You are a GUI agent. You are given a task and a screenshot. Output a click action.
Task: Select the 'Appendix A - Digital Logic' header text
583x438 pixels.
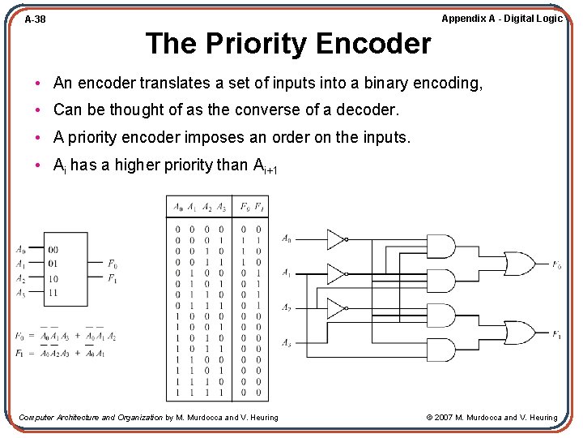tap(501, 18)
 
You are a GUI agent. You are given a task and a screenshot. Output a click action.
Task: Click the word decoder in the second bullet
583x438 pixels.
tap(368, 109)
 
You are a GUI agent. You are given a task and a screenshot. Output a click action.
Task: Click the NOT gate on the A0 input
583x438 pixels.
tap(336, 239)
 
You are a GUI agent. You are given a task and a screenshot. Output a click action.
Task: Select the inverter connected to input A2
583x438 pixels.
tap(336, 308)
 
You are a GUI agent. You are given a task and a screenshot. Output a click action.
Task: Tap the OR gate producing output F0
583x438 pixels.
tap(519, 264)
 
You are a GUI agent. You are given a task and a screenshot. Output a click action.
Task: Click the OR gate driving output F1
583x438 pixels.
tap(519, 333)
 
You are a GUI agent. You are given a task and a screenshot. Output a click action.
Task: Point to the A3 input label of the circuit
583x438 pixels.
tap(287, 343)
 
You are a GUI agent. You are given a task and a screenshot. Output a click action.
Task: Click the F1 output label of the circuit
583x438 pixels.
tap(557, 334)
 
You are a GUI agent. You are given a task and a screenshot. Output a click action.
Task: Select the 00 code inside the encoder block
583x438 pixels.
tap(53, 250)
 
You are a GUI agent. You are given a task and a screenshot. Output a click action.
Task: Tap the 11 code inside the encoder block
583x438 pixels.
tap(53, 293)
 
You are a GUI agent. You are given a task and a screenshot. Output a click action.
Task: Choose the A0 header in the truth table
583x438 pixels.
tap(177, 207)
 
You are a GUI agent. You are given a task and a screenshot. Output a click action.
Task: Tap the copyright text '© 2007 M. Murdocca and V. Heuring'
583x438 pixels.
tap(492, 418)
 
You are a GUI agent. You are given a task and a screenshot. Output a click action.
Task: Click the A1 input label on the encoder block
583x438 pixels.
tap(20, 264)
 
